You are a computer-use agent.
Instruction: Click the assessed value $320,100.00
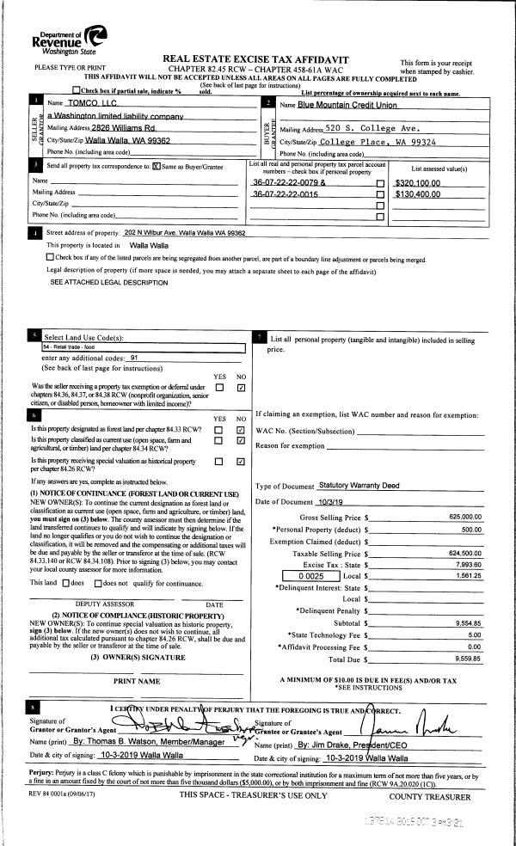(x=418, y=183)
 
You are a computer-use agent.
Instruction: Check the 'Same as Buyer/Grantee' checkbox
(x=156, y=166)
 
